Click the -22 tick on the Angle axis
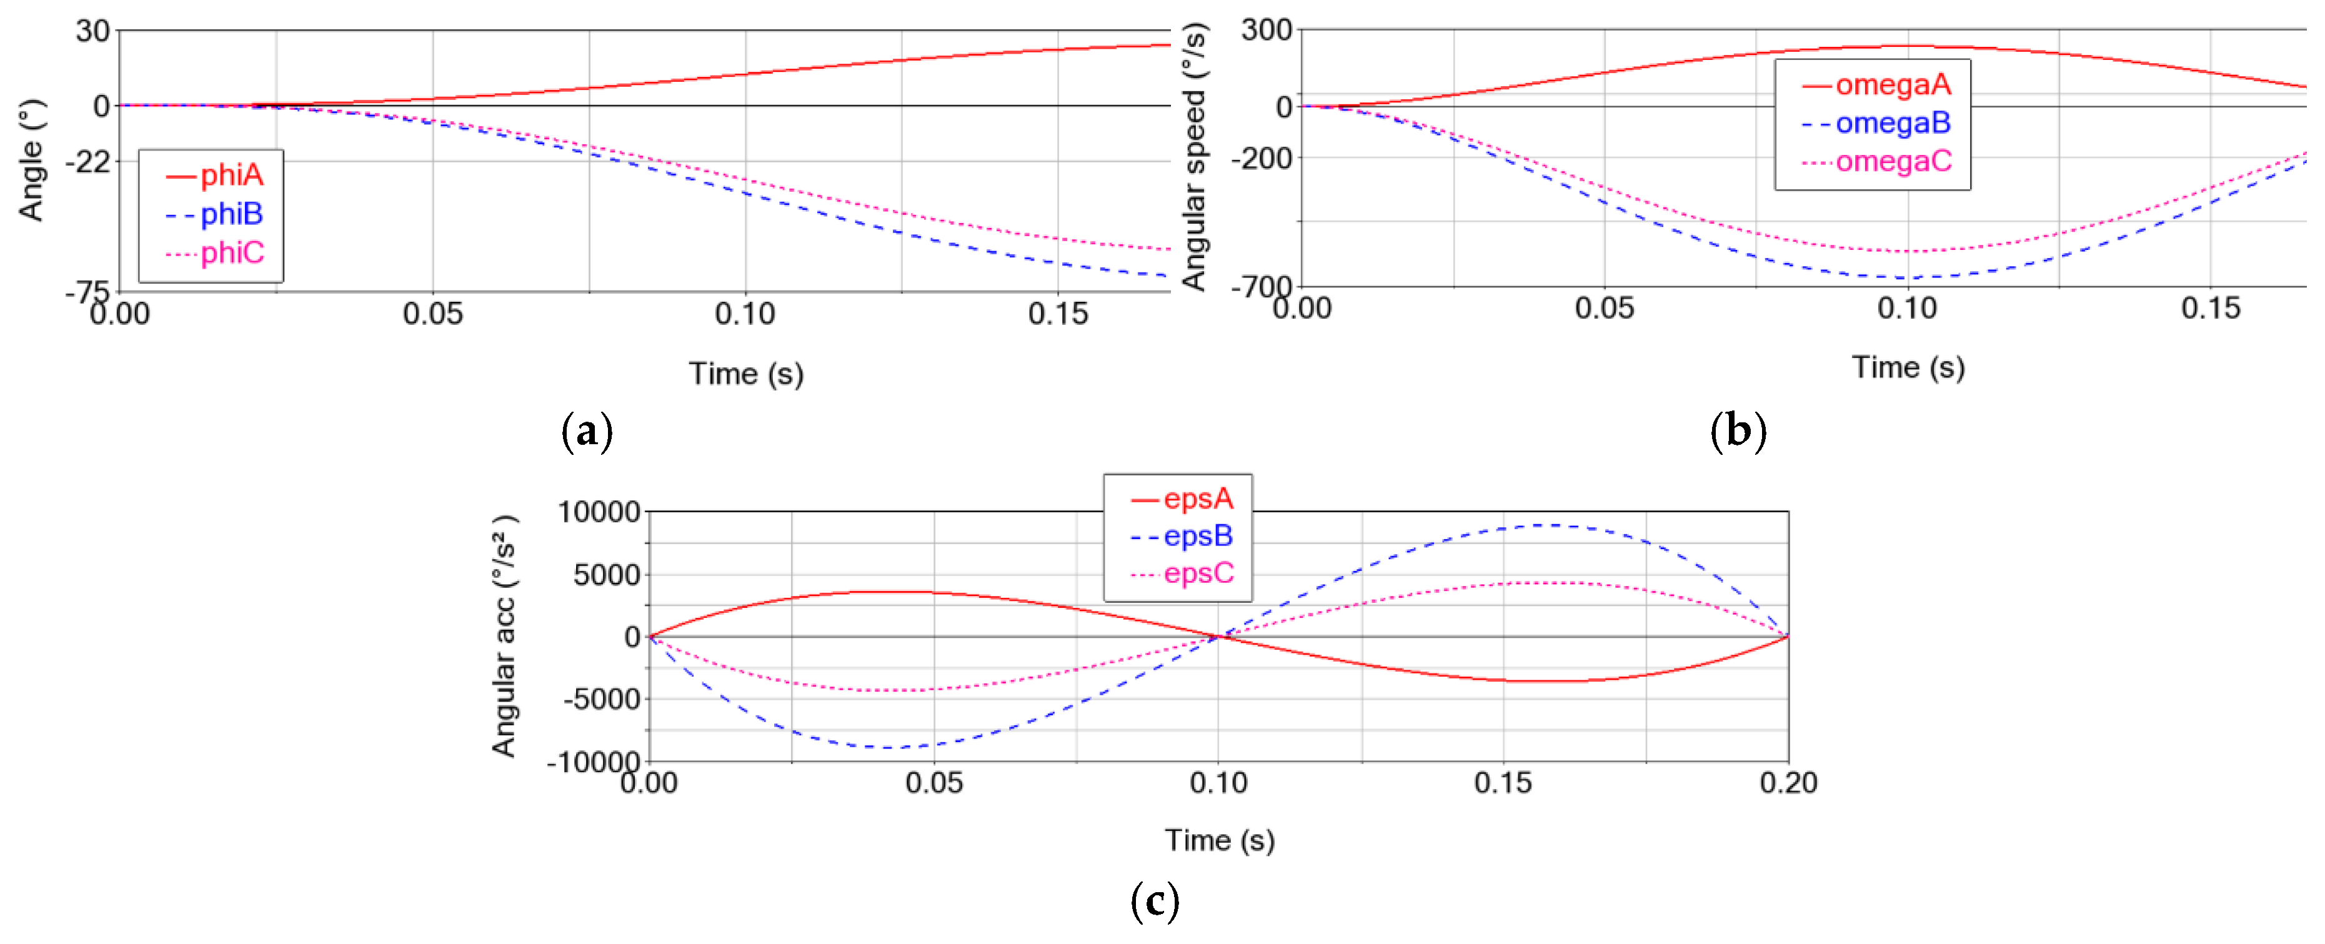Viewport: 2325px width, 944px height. (x=87, y=162)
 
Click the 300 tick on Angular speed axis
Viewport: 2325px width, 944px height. (x=1267, y=30)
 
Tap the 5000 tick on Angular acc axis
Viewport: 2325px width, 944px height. (x=607, y=574)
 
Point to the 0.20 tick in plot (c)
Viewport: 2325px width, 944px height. (x=1788, y=782)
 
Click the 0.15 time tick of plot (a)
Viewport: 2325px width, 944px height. (x=1058, y=314)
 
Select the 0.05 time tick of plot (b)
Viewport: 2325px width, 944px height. (x=1604, y=309)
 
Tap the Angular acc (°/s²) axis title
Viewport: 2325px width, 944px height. (x=504, y=636)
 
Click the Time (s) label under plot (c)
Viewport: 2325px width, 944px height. (x=1220, y=840)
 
